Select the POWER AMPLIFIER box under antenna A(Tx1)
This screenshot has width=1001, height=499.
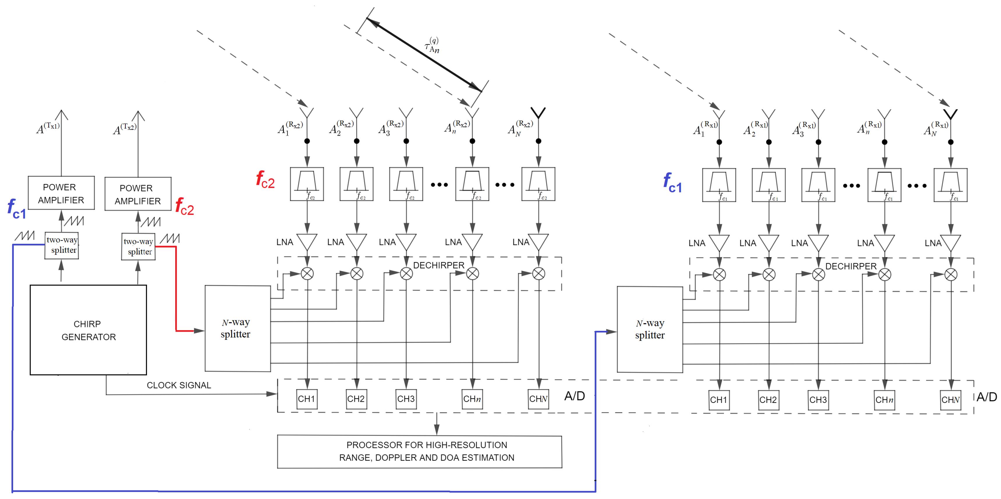61,193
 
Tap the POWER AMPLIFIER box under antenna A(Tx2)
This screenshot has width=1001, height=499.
138,194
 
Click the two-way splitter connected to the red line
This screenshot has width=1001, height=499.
138,246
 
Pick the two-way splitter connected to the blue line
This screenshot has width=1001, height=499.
62,245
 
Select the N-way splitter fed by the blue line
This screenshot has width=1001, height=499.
650,330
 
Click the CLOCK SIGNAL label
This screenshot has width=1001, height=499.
179,385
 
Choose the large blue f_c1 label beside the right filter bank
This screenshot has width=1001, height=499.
672,183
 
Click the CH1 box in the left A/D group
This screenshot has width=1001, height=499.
306,399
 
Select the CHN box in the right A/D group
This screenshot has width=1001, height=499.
950,400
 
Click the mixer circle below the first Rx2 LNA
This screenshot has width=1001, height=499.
307,274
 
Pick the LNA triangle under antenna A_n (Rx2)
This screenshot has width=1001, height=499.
472,242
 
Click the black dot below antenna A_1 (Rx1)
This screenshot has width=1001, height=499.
719,142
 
